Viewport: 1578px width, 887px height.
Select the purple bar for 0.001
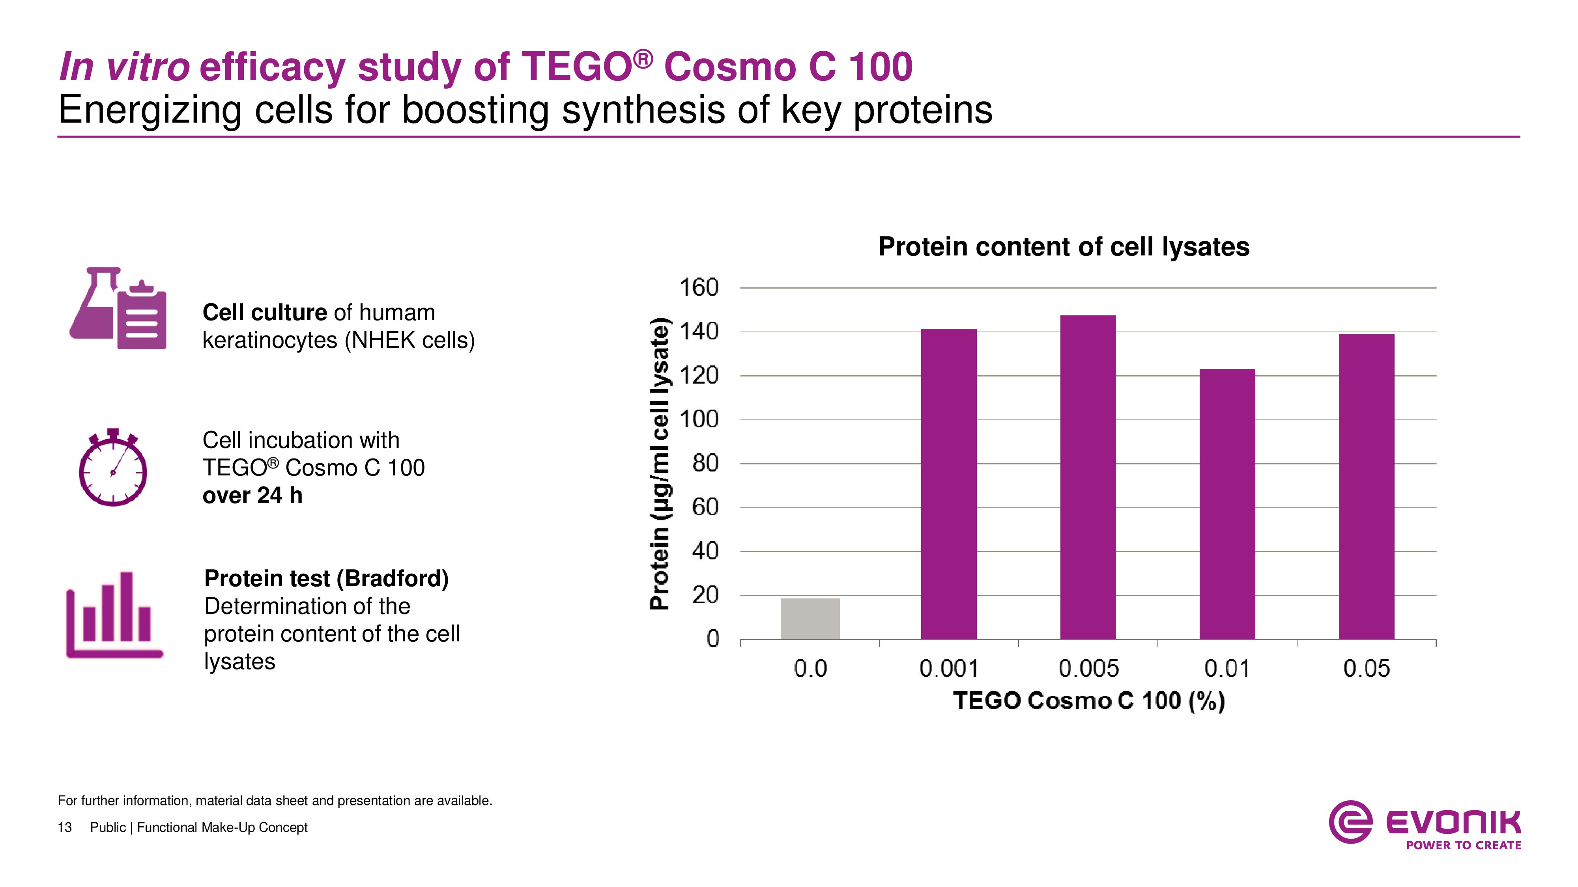tap(949, 484)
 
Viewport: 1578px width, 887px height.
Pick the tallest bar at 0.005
tap(1088, 477)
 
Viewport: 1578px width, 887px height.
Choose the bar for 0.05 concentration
tap(1366, 486)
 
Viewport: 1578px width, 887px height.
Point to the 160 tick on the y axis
tap(699, 287)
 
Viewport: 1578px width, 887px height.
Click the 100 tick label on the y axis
tap(699, 419)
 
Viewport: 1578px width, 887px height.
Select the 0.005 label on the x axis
tap(1088, 669)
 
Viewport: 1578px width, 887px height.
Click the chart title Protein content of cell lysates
tap(1064, 247)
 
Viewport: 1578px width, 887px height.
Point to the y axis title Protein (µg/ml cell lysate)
tap(660, 463)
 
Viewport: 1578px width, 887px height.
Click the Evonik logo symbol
tap(1350, 822)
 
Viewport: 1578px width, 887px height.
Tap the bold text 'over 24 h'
tap(252, 495)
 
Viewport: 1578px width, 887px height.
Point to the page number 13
tap(64, 827)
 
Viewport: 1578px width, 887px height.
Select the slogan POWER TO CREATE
tap(1464, 845)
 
